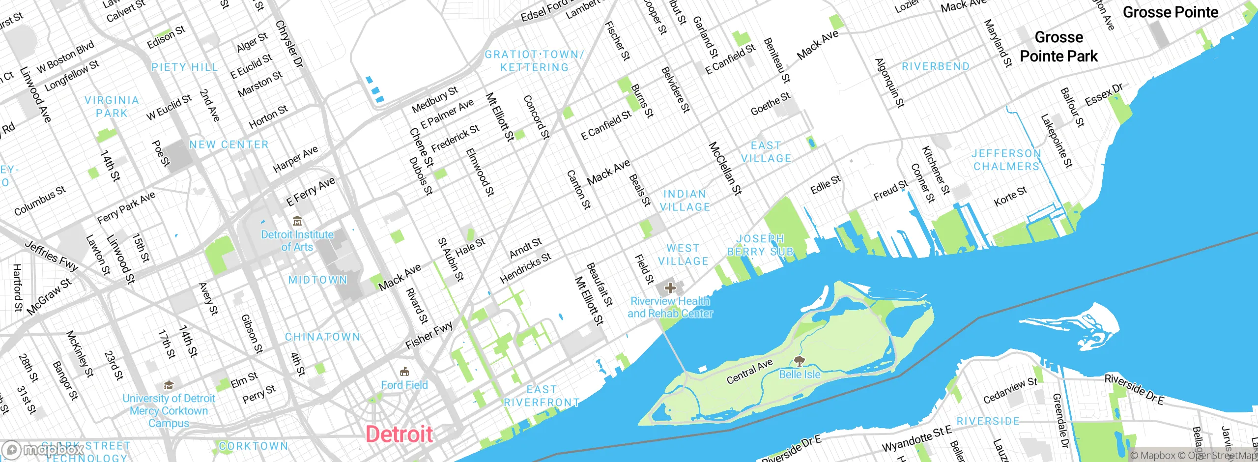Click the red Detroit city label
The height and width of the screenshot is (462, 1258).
[x=399, y=434]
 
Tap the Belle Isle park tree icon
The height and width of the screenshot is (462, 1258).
[x=800, y=362]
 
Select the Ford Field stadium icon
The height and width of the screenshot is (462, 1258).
[x=404, y=372]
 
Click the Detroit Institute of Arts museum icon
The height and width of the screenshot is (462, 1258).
[x=297, y=221]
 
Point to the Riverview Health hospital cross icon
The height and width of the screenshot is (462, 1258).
[x=670, y=288]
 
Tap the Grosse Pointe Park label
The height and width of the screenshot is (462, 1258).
[x=1058, y=47]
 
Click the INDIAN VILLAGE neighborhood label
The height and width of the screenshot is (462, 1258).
[x=685, y=201]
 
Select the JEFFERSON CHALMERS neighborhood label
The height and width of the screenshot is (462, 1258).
[x=1006, y=160]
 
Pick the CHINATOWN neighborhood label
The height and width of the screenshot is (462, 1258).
[x=322, y=337]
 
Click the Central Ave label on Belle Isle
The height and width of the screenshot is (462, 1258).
[x=749, y=372]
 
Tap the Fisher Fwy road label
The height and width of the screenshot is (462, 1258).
[x=429, y=336]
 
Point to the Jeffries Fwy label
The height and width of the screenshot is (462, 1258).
[x=52, y=256]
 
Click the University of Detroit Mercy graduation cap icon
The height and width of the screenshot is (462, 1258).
[x=169, y=385]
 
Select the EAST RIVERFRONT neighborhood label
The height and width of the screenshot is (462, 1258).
[x=542, y=396]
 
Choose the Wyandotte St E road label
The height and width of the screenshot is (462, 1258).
[x=916, y=439]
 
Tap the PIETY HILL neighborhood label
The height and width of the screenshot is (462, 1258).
[x=184, y=67]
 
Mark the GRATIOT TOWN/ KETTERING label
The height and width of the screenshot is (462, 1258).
[x=534, y=61]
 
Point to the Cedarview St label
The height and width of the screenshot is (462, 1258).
[x=1010, y=391]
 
